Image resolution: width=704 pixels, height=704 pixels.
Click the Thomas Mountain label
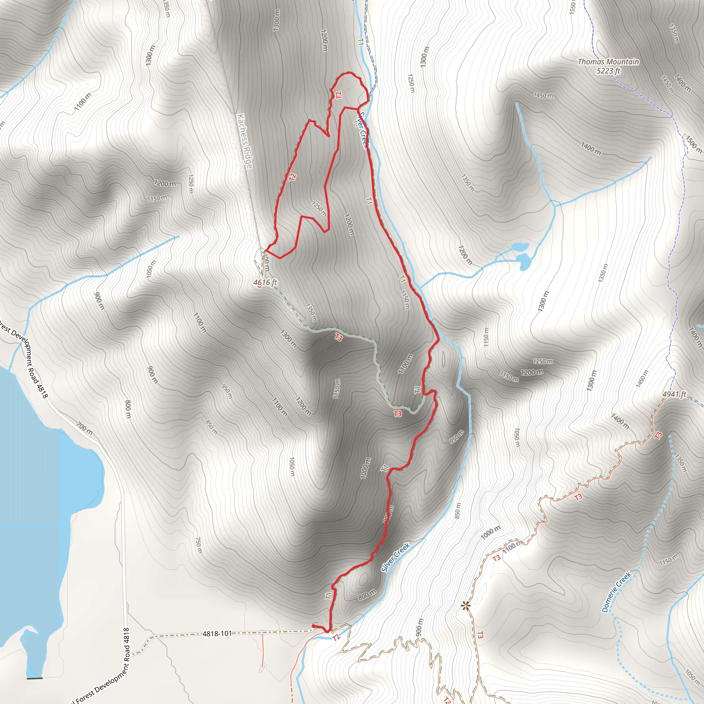point(608,62)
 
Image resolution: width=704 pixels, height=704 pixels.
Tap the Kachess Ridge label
point(244,141)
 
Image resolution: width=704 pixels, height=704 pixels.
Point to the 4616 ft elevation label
point(265,283)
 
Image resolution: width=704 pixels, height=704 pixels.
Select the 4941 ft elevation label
point(674,394)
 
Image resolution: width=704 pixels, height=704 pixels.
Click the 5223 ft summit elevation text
point(608,71)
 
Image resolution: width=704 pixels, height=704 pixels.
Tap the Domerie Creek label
point(616,592)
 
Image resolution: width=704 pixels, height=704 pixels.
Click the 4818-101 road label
point(217,634)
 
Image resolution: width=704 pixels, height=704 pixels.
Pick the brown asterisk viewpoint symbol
point(465,606)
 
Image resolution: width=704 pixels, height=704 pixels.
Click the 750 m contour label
point(199,545)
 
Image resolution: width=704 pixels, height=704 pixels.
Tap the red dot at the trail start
point(313,626)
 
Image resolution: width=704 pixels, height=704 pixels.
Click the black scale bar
point(35,678)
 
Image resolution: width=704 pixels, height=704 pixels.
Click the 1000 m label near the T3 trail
point(491,533)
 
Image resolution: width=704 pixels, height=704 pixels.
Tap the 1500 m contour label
point(693,144)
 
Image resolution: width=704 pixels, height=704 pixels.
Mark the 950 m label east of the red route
point(456,437)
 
